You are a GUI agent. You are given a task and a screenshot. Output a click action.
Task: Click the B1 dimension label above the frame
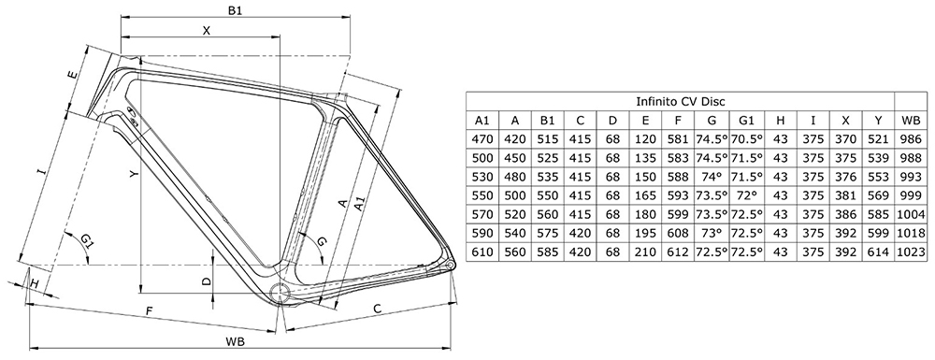[235, 10]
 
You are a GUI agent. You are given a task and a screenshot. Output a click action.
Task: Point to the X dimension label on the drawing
[207, 31]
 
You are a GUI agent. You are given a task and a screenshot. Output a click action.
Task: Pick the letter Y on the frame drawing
[134, 173]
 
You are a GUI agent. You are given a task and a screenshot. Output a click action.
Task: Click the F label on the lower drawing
[149, 310]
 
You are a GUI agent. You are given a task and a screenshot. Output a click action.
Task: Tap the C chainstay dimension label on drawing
[377, 309]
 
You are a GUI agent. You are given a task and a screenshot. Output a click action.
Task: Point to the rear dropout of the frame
[450, 262]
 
